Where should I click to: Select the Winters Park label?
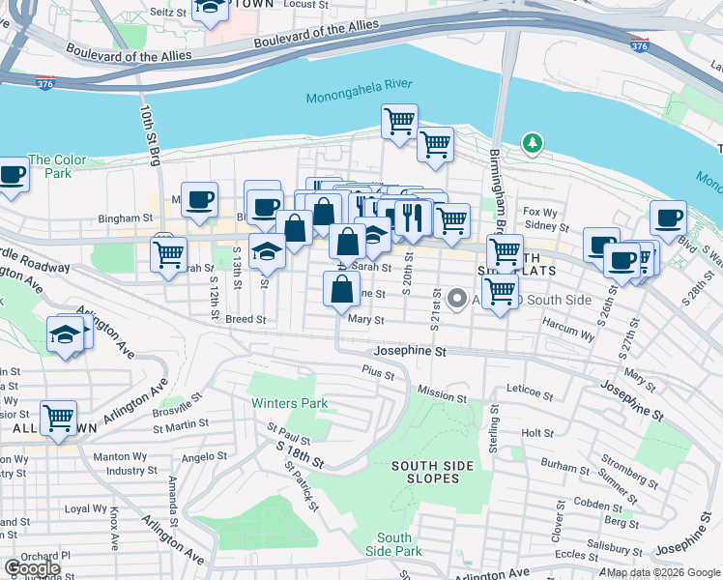289,403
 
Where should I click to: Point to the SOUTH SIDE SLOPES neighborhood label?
432,473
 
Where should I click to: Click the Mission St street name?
442,396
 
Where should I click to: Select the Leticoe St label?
529,394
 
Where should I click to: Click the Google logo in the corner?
32,568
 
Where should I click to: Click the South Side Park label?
394,544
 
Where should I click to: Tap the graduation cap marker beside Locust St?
210,9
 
